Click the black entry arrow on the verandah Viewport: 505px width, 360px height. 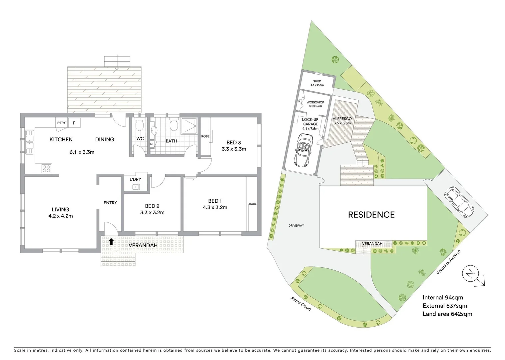[x=111, y=242]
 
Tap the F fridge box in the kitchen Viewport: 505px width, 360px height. [x=74, y=123]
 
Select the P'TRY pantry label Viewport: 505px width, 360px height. [x=61, y=123]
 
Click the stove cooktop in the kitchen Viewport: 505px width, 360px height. [x=46, y=169]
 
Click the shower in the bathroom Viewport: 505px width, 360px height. [x=189, y=126]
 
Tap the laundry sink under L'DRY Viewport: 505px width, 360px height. [x=135, y=187]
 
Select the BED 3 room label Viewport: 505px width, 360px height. [x=234, y=143]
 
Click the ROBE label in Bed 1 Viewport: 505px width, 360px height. [x=252, y=204]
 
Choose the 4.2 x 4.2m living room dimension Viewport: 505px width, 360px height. [x=61, y=216]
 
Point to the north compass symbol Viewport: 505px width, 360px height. [x=470, y=274]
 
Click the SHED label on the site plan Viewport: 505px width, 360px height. [x=317, y=81]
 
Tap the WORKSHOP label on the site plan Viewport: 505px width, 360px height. [x=315, y=102]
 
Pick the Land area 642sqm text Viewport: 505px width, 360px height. [x=447, y=314]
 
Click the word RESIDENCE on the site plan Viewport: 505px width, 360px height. [x=371, y=215]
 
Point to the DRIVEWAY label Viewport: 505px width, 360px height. [x=296, y=226]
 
